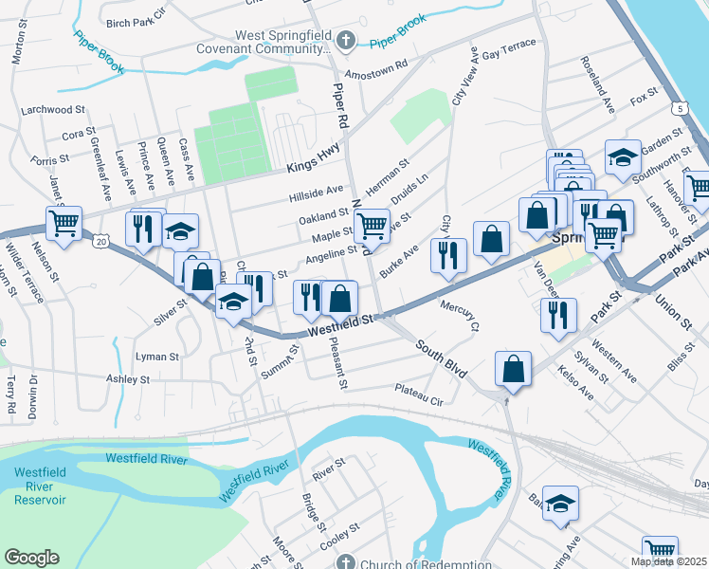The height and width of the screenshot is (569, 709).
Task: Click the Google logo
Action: pos(31,558)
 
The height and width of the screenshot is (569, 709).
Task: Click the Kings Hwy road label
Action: pos(312,169)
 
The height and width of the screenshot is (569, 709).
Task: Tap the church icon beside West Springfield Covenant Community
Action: pos(346,42)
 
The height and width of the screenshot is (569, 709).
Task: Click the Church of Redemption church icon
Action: pos(347,562)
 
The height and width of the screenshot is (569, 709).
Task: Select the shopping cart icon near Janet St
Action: pos(64,224)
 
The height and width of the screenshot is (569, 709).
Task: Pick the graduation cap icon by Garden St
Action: pos(622,158)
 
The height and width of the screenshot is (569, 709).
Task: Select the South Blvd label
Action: pos(442,358)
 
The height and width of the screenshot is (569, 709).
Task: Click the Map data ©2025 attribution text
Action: pos(669,561)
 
